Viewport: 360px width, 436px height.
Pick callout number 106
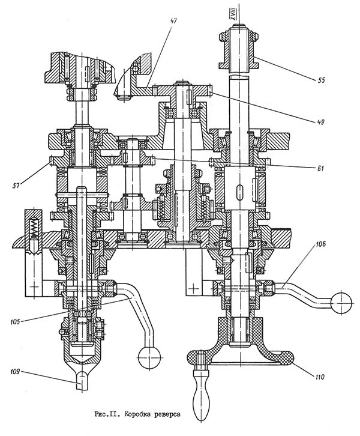319,244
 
